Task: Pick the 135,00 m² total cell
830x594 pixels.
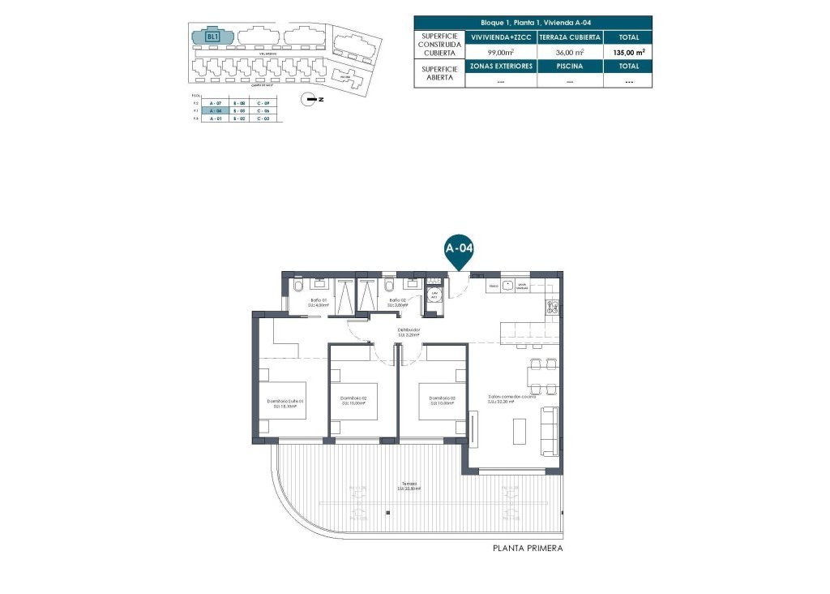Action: pyautogui.click(x=629, y=51)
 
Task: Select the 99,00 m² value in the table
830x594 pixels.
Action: pyautogui.click(x=500, y=51)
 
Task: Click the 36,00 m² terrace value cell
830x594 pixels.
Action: pyautogui.click(x=569, y=51)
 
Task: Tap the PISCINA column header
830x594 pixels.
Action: pyautogui.click(x=569, y=66)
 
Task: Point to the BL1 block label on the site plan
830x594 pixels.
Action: pyautogui.click(x=212, y=37)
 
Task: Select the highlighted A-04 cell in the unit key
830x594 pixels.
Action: pyautogui.click(x=216, y=111)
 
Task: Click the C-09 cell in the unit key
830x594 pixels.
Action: pyautogui.click(x=263, y=104)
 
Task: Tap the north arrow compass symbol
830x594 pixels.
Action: pyautogui.click(x=309, y=100)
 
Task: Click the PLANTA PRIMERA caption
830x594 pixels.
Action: pyautogui.click(x=528, y=549)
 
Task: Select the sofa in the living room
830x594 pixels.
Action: pyautogui.click(x=549, y=430)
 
